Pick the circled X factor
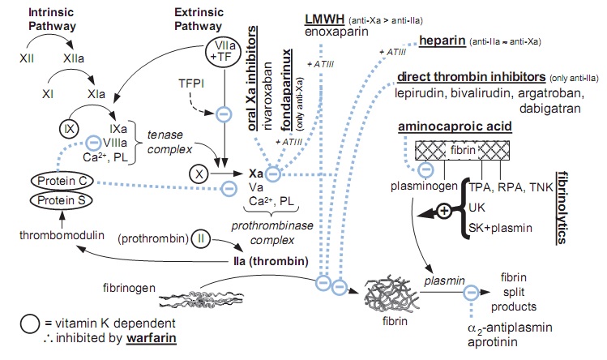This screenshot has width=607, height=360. tap(199, 173)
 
